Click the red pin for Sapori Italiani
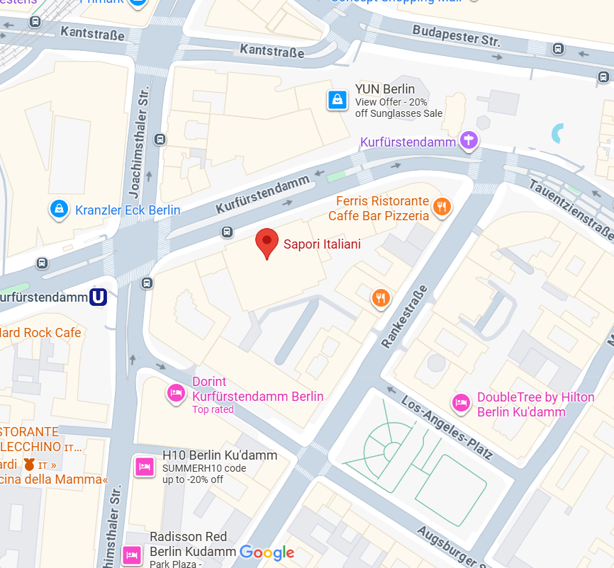[x=267, y=242]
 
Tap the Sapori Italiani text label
[x=322, y=244]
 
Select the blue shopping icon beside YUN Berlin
[x=337, y=100]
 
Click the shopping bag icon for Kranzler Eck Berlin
[x=60, y=209]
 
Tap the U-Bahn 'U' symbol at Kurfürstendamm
[x=99, y=297]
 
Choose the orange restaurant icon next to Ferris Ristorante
[x=442, y=207]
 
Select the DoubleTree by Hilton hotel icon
[x=462, y=403]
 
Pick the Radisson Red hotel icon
[x=132, y=553]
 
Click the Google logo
[x=267, y=552]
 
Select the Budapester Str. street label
[x=456, y=35]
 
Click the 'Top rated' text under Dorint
[x=213, y=409]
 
